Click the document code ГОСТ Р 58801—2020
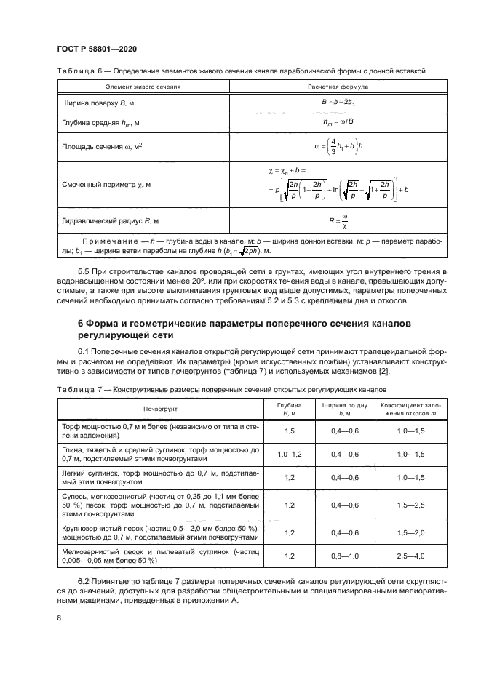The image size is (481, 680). coord(98,49)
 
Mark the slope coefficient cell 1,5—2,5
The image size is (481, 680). coord(408,505)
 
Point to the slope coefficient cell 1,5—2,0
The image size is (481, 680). coord(408,532)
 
